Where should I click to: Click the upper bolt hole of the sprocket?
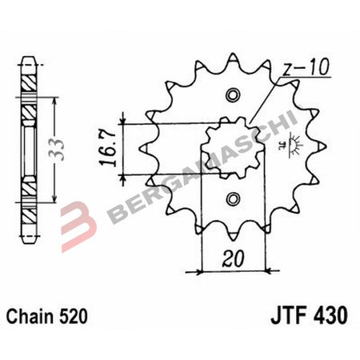pos(233,96)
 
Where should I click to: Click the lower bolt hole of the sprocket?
pos(233,198)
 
